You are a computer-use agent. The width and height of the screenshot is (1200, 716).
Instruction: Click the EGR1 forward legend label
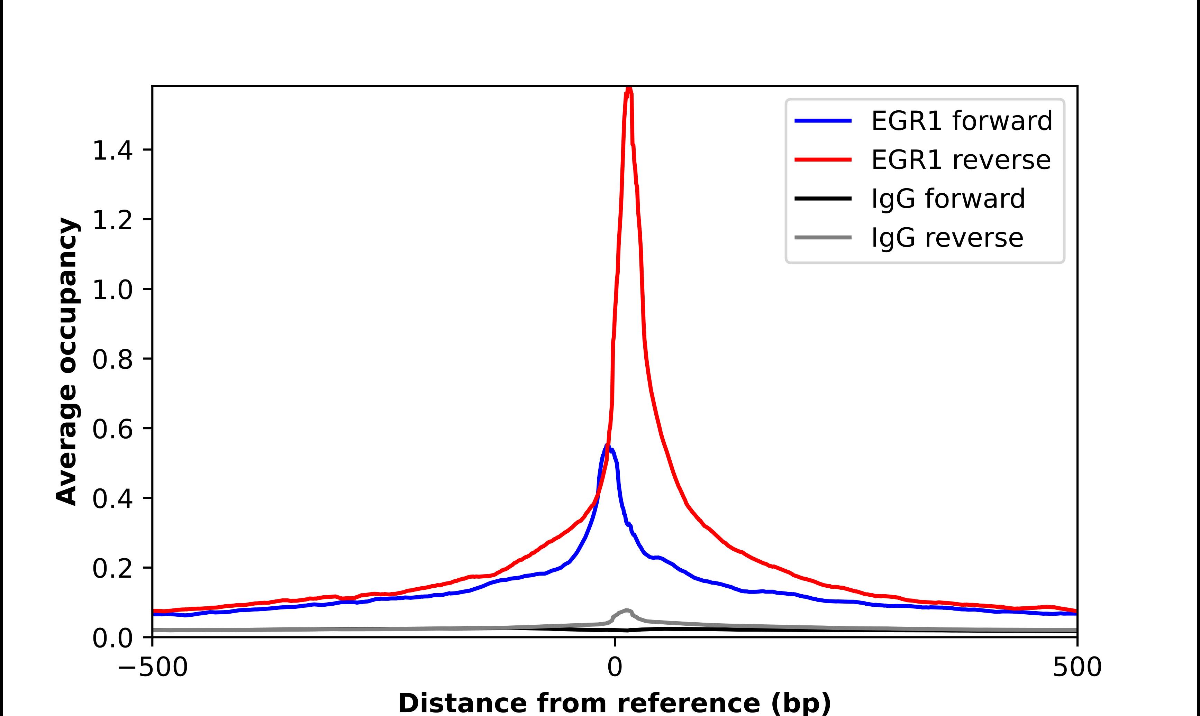pyautogui.click(x=961, y=121)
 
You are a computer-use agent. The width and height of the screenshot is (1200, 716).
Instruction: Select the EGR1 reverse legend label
pyautogui.click(x=960, y=160)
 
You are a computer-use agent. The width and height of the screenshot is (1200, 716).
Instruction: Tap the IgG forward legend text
pyautogui.click(x=948, y=199)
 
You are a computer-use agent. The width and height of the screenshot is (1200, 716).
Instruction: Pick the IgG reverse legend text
pyautogui.click(x=947, y=238)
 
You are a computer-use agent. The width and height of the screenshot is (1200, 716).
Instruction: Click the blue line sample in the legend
pyautogui.click(x=823, y=121)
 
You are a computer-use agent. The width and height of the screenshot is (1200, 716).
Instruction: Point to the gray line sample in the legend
pyautogui.click(x=823, y=237)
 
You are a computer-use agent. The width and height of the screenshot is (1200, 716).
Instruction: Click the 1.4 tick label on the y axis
pyautogui.click(x=112, y=150)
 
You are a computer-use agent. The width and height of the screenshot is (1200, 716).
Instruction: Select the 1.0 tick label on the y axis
pyautogui.click(x=112, y=290)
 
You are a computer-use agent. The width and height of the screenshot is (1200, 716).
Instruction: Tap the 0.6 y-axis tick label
pyautogui.click(x=112, y=429)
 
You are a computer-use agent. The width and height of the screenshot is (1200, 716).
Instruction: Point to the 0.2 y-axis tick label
pyautogui.click(x=112, y=568)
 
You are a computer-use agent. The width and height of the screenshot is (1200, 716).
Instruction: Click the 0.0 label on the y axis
pyautogui.click(x=112, y=638)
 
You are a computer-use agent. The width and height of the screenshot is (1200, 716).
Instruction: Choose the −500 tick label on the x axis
pyautogui.click(x=153, y=668)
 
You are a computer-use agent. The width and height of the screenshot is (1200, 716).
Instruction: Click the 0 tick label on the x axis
pyautogui.click(x=614, y=668)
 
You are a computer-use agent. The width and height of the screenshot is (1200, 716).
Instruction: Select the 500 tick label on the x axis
pyautogui.click(x=1076, y=668)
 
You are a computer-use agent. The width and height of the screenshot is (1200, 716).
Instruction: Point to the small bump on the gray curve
pyautogui.click(x=627, y=611)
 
